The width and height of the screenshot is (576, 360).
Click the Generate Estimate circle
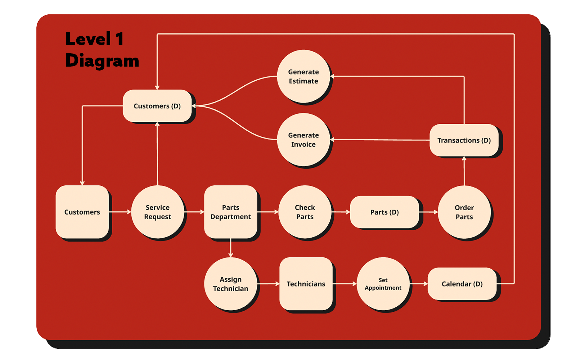pos(303,76)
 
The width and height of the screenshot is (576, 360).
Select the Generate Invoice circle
pos(303,140)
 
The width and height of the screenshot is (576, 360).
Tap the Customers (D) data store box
pos(157,106)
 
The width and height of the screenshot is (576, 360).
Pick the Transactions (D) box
pos(464,140)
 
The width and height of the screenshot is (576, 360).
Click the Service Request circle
pos(158,212)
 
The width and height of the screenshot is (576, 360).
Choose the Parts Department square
pos(230,212)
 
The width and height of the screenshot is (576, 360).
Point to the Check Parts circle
pos(305,212)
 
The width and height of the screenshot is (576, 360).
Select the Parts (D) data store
pos(384,212)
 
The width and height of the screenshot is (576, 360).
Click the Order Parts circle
pos(464,212)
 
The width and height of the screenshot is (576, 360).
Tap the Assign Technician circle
pos(230,284)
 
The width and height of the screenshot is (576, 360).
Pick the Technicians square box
pos(306,284)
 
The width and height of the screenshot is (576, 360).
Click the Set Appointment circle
pos(383,284)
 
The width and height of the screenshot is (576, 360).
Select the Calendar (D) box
pos(462,284)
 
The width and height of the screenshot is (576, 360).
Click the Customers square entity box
pos(82,212)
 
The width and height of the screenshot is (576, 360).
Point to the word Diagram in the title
pos(102,60)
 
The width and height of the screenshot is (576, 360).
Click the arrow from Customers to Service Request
pos(120,212)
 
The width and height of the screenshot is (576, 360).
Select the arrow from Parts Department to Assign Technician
pos(231,248)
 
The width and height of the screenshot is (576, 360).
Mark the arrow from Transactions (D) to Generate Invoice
pos(380,140)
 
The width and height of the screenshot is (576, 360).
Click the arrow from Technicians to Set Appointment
pos(345,284)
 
